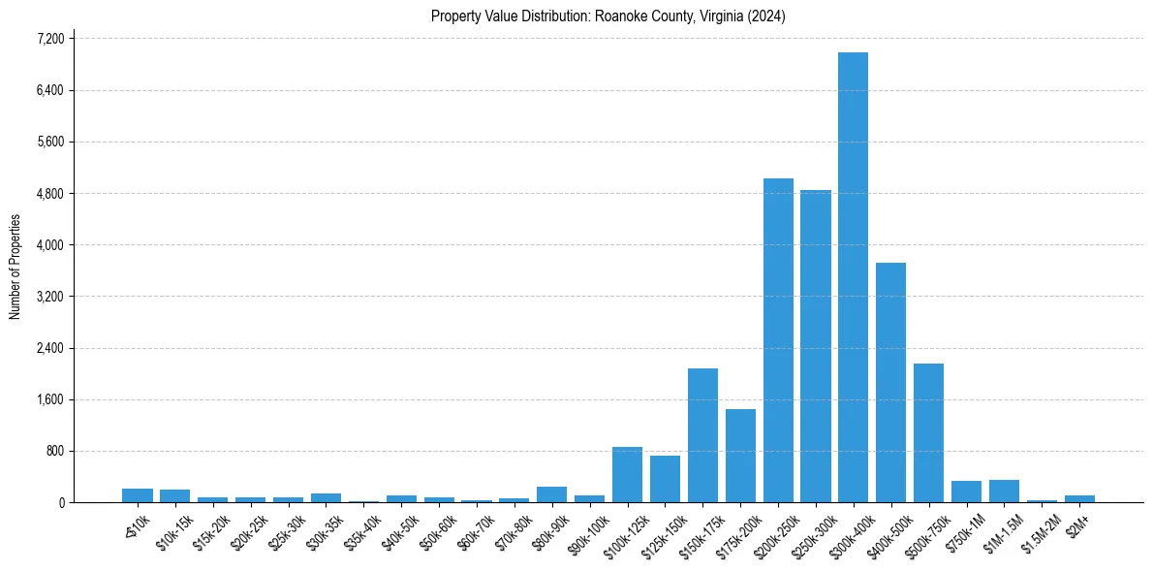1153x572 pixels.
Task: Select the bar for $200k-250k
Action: [778, 340]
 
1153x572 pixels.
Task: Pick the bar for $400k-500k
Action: [890, 383]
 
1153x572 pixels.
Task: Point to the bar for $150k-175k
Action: [702, 435]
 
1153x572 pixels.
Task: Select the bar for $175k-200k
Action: [740, 456]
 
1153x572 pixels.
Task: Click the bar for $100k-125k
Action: [627, 475]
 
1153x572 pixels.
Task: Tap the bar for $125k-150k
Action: [665, 479]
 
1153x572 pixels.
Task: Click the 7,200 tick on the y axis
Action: [50, 39]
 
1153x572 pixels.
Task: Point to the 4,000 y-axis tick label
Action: [50, 245]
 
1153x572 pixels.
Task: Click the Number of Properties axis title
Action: [15, 267]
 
